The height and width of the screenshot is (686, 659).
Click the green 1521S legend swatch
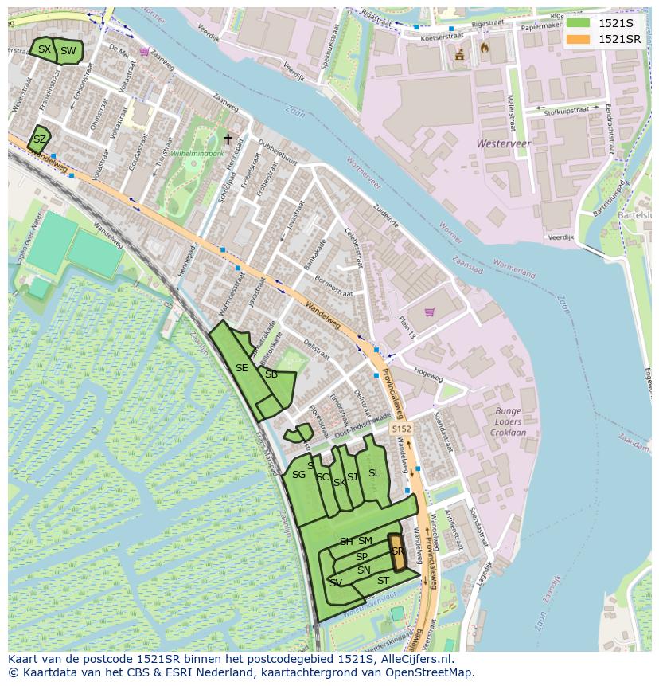pyautogui.click(x=578, y=22)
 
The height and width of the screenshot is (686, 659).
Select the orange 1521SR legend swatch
pyautogui.click(x=578, y=39)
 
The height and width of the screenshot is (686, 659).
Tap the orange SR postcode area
pyautogui.click(x=396, y=551)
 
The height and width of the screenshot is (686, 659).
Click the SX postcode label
pyautogui.click(x=44, y=49)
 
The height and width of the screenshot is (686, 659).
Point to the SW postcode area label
pyautogui.click(x=68, y=51)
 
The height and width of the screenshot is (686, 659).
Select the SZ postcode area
pyautogui.click(x=39, y=139)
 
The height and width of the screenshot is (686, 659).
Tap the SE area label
pyautogui.click(x=241, y=368)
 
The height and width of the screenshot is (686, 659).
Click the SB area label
pyautogui.click(x=271, y=374)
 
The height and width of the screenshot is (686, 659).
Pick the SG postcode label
pyautogui.click(x=298, y=475)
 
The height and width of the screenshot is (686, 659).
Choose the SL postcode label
pyautogui.click(x=374, y=473)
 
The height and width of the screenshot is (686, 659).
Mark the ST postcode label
pyautogui.click(x=383, y=581)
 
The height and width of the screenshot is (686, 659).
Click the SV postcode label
pyautogui.click(x=336, y=583)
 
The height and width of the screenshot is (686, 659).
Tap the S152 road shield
pyautogui.click(x=401, y=429)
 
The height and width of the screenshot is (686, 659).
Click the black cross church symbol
pyautogui.click(x=228, y=139)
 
